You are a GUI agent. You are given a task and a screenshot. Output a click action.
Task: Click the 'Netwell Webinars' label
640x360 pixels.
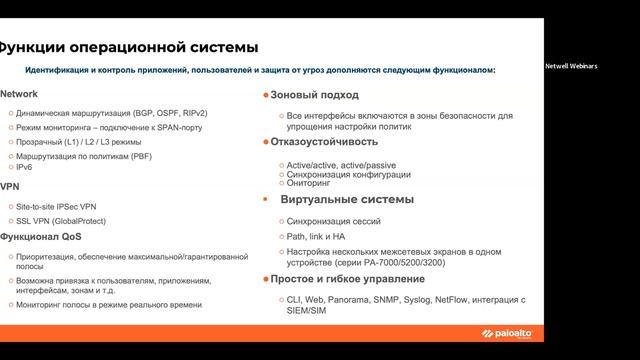coord(571,66)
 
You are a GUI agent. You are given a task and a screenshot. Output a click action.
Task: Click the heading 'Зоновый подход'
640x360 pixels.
coord(310,94)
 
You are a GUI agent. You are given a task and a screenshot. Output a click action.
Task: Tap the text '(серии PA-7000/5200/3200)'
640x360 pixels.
coord(348,262)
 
